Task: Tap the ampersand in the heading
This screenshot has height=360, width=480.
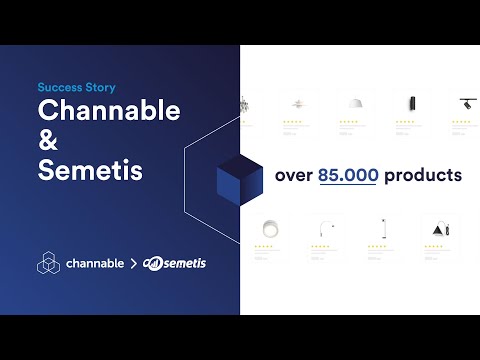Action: (x=49, y=141)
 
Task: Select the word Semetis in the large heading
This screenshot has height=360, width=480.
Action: (x=90, y=170)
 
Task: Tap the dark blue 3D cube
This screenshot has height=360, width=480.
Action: (x=238, y=176)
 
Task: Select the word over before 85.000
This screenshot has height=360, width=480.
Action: (x=295, y=175)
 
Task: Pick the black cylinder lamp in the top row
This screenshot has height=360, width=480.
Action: (x=408, y=104)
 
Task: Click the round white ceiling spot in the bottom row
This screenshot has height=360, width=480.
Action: (x=268, y=227)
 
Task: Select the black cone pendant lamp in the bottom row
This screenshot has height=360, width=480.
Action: (x=437, y=227)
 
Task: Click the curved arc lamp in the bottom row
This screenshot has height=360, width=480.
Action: (x=324, y=227)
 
